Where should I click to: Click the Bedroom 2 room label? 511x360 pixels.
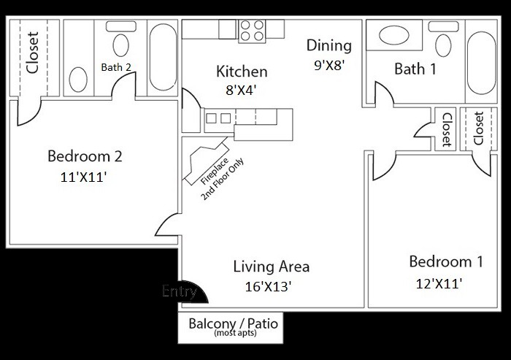point(84,156)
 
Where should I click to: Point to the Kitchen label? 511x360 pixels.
point(242,72)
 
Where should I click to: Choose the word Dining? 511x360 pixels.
point(328,45)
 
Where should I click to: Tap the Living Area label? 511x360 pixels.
point(272,266)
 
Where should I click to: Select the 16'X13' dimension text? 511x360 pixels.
point(269,286)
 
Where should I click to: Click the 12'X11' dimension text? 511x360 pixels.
point(438,283)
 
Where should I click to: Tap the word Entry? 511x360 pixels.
point(180,291)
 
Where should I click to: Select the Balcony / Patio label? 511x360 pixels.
point(233,323)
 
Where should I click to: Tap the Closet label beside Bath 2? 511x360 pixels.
point(32,55)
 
